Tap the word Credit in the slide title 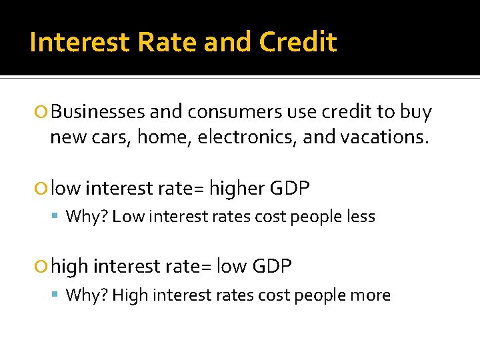click(x=298, y=43)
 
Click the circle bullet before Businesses click(x=43, y=113)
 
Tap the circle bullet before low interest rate click(x=43, y=189)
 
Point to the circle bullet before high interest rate click(x=43, y=267)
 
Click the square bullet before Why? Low click(x=57, y=217)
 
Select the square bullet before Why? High click(x=57, y=296)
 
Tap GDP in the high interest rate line click(x=272, y=267)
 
